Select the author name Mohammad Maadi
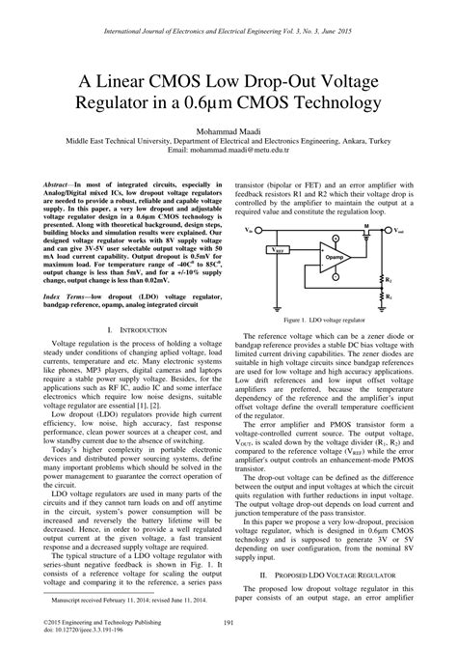(228, 129)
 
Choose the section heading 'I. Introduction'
(130, 330)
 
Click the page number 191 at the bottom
(228, 622)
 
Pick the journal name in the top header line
(228, 32)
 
